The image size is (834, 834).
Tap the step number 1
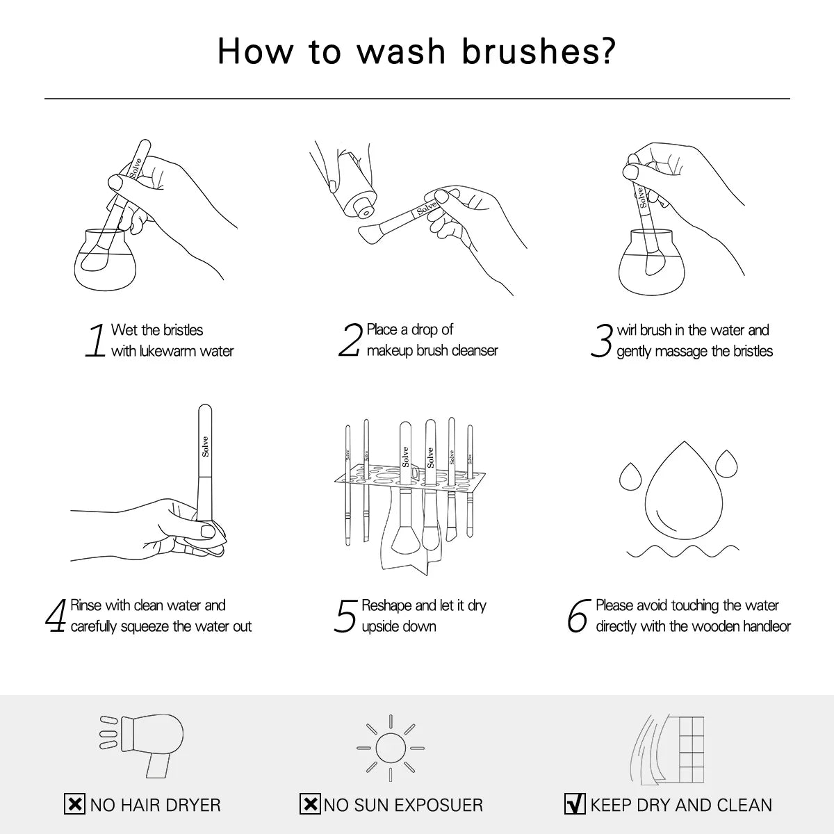click(96, 341)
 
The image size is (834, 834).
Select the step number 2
click(350, 341)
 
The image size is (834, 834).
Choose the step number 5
click(345, 616)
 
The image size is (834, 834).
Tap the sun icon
click(390, 748)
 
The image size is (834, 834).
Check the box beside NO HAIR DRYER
click(74, 805)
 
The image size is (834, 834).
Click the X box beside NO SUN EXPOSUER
click(310, 805)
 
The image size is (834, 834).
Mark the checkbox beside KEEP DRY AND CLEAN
click(575, 805)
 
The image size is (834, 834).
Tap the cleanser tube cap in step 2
click(361, 206)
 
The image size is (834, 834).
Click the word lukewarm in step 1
click(169, 352)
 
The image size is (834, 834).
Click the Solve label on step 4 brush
click(205, 445)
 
